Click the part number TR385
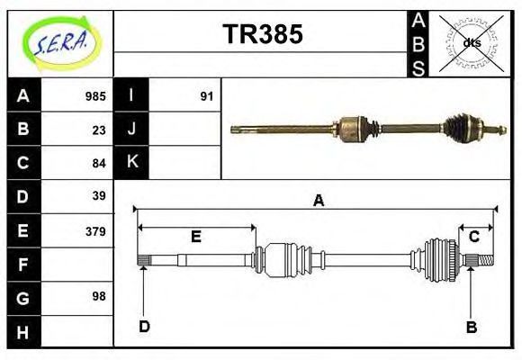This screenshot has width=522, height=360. click(x=262, y=35)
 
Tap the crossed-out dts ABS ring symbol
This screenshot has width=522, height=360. click(x=471, y=42)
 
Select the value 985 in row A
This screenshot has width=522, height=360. click(x=95, y=96)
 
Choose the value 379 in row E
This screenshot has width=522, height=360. click(x=95, y=231)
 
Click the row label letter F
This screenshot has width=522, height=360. click(x=23, y=265)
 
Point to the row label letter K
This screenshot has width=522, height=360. click(x=132, y=162)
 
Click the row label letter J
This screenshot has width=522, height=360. click(x=132, y=130)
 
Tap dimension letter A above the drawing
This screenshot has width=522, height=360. click(x=318, y=202)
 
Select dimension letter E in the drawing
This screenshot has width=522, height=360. click(x=195, y=237)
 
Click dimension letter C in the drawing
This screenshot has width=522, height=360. click(x=473, y=237)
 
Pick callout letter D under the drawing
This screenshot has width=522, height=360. click(x=144, y=327)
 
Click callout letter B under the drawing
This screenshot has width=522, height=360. click(x=471, y=327)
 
